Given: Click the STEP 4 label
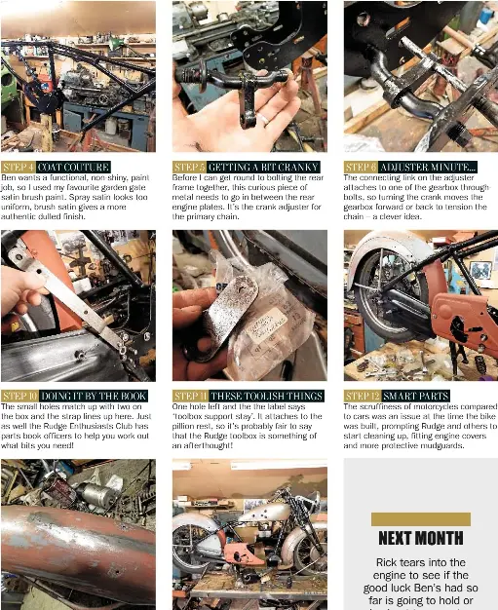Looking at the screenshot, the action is (x=19, y=168).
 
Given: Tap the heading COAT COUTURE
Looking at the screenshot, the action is (x=73, y=168).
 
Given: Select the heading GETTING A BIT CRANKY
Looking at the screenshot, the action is (x=263, y=168).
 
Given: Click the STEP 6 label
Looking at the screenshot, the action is (x=361, y=168).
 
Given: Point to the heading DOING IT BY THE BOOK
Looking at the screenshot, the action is (x=94, y=396).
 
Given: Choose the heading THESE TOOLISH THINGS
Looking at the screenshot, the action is (x=267, y=396).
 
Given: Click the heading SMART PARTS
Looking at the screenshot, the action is (x=415, y=396).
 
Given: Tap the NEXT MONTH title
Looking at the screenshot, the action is (x=421, y=538).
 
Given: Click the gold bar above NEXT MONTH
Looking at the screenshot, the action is (x=421, y=519).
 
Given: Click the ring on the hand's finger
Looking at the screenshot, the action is (x=264, y=119).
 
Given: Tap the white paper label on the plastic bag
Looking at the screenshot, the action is (x=268, y=324).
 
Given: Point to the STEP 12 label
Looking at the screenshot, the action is (x=363, y=396).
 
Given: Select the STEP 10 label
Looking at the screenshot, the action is (x=19, y=396).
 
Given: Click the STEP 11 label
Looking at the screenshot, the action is (x=190, y=396).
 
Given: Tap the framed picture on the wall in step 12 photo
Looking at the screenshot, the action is (x=480, y=270).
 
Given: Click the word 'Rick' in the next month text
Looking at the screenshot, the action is (x=386, y=562).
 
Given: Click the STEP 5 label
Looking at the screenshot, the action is (x=189, y=168).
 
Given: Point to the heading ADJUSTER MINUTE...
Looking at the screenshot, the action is (x=428, y=168).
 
